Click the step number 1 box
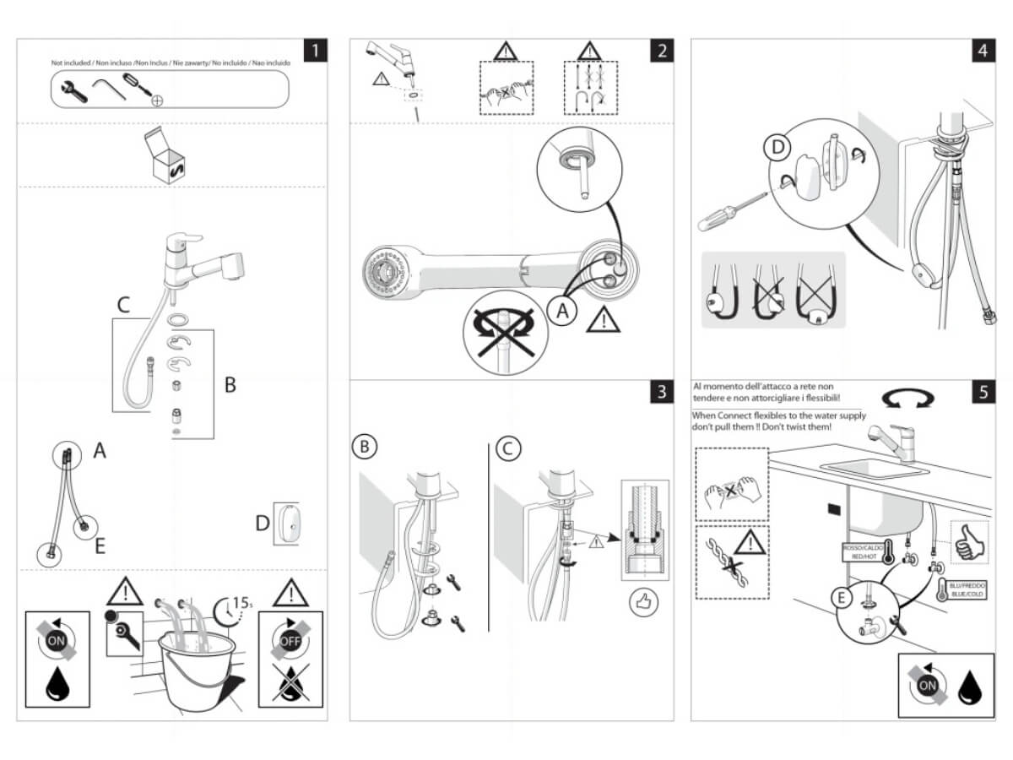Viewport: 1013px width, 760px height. click(315, 51)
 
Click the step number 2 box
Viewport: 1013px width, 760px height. click(662, 51)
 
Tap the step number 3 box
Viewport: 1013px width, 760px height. click(662, 392)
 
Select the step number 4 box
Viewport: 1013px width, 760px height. click(982, 51)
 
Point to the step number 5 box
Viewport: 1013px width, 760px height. click(982, 392)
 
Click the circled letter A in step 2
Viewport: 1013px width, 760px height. click(562, 312)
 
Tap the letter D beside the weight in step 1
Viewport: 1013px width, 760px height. click(263, 524)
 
